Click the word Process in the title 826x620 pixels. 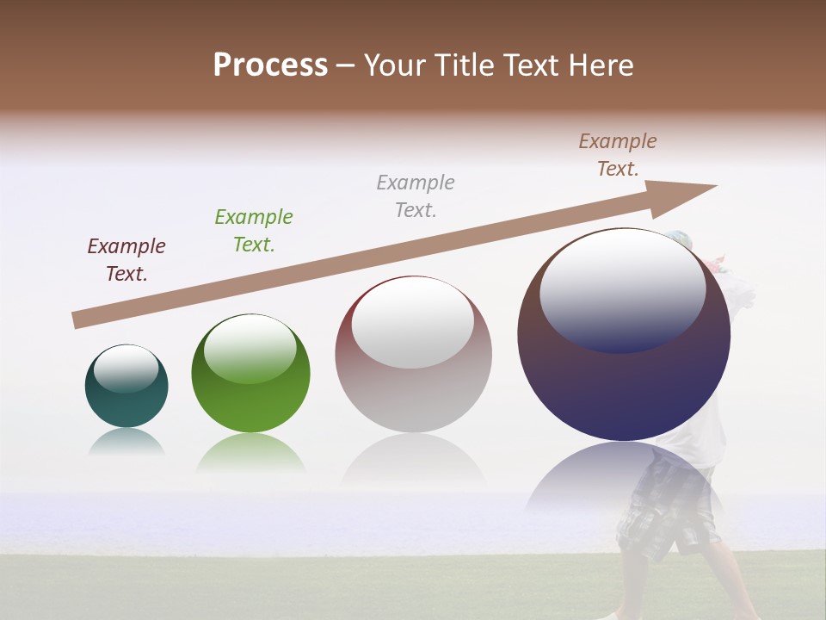click(x=270, y=65)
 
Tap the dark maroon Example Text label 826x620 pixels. click(x=126, y=260)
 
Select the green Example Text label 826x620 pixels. click(x=254, y=231)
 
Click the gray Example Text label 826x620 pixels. click(x=416, y=195)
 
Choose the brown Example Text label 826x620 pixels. click(x=618, y=155)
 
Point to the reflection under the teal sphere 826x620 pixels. click(x=126, y=442)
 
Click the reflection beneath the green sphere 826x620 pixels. click(x=250, y=451)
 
